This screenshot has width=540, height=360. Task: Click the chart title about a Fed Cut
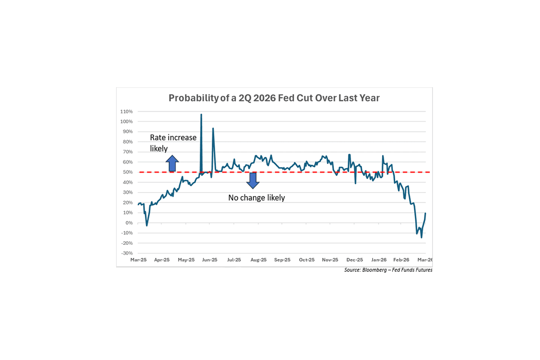274,98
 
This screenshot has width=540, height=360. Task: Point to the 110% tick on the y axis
126,112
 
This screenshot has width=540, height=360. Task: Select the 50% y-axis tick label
127,172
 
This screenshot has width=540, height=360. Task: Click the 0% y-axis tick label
129,223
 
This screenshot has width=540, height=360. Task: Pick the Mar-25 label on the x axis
138,260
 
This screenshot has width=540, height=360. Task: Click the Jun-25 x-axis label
210,260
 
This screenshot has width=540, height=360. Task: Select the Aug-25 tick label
258,260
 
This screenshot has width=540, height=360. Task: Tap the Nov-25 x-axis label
330,260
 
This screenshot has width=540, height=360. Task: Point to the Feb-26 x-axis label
401,260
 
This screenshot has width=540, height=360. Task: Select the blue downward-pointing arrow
252,180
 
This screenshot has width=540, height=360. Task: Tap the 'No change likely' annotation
256,198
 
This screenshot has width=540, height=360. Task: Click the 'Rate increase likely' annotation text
173,143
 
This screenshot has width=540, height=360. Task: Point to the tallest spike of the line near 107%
201,114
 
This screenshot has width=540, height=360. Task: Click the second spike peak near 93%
213,128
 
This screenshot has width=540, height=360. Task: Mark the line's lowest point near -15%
421,237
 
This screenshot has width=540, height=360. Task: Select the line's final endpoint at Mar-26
426,213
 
